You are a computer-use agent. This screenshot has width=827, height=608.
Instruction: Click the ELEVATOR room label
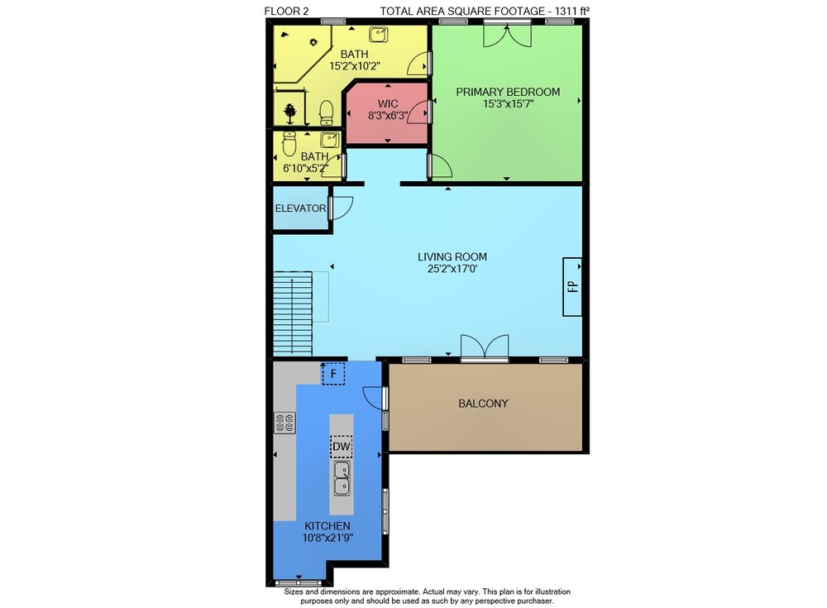pyautogui.click(x=300, y=208)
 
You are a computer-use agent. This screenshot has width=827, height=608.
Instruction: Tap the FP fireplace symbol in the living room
pyautogui.click(x=572, y=286)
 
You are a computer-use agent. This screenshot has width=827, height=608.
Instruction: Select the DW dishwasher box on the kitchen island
pyautogui.click(x=342, y=447)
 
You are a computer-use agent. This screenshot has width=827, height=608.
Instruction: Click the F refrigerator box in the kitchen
pyautogui.click(x=333, y=374)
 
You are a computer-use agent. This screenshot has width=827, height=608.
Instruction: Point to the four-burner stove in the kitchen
pyautogui.click(x=284, y=423)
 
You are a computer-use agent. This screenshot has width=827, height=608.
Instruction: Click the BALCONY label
pyautogui.click(x=483, y=404)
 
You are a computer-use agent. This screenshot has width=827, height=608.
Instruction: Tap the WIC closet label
pyautogui.click(x=388, y=103)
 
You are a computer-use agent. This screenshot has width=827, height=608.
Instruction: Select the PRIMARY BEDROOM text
pyautogui.click(x=508, y=92)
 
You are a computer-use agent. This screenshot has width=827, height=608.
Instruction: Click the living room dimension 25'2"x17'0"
pyautogui.click(x=452, y=269)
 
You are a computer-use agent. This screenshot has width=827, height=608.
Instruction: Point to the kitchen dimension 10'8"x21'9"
pyautogui.click(x=327, y=538)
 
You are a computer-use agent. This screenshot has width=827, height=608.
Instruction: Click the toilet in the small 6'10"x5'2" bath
pyautogui.click(x=289, y=144)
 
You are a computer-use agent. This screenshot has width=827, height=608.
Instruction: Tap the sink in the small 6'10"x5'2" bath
pyautogui.click(x=331, y=141)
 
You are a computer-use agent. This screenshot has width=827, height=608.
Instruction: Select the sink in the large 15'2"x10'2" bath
pyautogui.click(x=378, y=34)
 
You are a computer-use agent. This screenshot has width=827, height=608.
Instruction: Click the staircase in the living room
pyautogui.click(x=293, y=314)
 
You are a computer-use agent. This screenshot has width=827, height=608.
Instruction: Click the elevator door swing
pyautogui.click(x=342, y=208)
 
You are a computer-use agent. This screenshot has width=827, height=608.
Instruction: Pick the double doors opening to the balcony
pyautogui.click(x=485, y=347)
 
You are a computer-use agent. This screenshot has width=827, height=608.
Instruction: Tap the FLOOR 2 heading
pyautogui.click(x=286, y=11)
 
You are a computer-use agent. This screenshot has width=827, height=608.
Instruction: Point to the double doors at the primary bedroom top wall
pyautogui.click(x=508, y=34)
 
